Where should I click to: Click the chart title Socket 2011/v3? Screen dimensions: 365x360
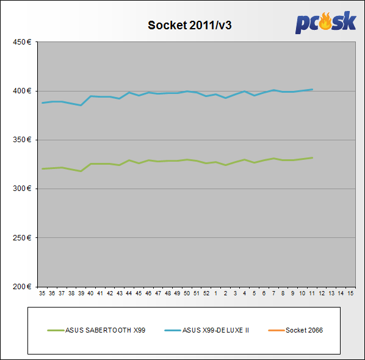click(190, 25)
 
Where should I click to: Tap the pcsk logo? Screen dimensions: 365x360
click(326, 23)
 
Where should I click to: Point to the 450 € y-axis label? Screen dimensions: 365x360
click(22, 42)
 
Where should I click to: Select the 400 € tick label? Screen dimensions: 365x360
click(22, 91)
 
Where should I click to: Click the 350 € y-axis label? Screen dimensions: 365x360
click(22, 140)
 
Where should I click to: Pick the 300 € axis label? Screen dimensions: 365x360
click(22, 189)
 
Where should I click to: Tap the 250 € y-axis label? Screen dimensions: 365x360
click(22, 238)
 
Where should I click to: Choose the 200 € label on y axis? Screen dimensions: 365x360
click(22, 287)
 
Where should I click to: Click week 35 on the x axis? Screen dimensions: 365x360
click(42, 293)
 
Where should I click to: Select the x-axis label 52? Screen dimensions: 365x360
click(206, 293)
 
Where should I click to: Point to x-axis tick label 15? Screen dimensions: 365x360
click(350, 293)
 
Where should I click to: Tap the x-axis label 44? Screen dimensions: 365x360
click(129, 293)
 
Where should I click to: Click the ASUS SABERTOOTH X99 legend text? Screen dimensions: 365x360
click(105, 330)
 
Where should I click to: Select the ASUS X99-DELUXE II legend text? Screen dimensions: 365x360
click(215, 330)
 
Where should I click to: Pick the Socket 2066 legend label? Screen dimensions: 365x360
click(304, 330)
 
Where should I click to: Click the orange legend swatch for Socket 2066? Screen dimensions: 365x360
click(276, 331)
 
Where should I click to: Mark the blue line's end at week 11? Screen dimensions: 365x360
click(312, 89)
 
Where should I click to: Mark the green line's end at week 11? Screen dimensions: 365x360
click(312, 158)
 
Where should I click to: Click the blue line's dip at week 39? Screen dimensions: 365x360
click(81, 106)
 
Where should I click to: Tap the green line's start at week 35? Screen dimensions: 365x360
click(42, 169)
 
